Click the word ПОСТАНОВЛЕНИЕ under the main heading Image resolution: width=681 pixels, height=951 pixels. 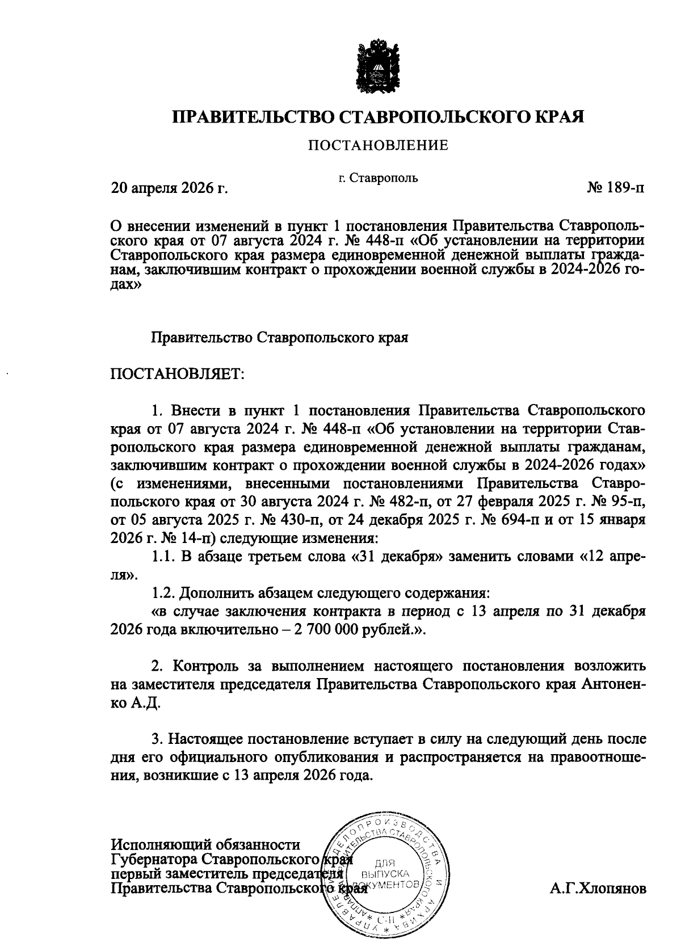378,146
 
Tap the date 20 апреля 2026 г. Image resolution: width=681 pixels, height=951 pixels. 170,188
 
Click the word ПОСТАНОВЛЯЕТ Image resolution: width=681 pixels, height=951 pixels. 177,374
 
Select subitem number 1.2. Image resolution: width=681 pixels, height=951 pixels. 163,593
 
